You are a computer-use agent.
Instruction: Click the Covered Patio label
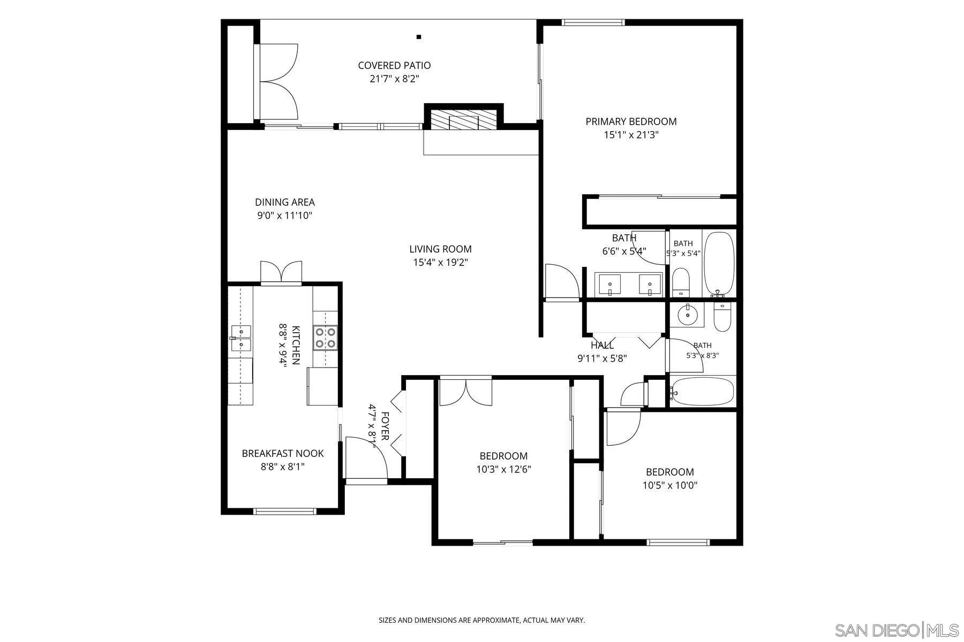tap(394, 65)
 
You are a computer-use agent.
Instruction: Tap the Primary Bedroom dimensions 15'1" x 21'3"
tap(631, 135)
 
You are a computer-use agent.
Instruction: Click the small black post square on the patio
tap(419, 37)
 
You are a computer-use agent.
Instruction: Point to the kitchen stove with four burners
tap(326, 338)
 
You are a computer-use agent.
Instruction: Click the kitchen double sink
tap(241, 338)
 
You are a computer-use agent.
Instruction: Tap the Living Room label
tap(440, 249)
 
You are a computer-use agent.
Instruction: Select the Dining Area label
tap(284, 202)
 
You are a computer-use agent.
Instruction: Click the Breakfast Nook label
tap(283, 453)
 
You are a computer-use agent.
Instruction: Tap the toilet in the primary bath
tap(681, 282)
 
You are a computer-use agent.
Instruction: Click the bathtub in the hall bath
tap(702, 392)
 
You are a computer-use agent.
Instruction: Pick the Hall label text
tap(602, 346)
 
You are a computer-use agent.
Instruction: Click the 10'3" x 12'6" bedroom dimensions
tap(503, 470)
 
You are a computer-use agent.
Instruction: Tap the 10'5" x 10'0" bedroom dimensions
tap(670, 486)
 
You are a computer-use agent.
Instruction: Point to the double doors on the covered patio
tap(278, 81)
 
